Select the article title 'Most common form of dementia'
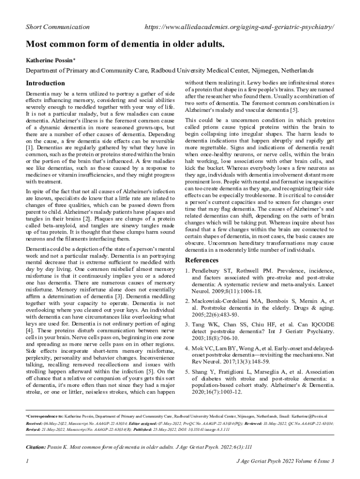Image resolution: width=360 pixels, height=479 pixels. pos(125,45)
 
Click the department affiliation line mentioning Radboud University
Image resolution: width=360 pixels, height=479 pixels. pos(169,71)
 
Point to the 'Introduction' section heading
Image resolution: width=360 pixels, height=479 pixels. pos(45,83)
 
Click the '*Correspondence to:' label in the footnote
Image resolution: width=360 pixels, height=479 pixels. pos(44,415)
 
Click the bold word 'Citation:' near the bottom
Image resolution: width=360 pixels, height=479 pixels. pos(36,447)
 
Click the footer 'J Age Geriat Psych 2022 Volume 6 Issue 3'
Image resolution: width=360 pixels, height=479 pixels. pos(285,462)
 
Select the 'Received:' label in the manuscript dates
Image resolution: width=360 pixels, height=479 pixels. pos(35,423)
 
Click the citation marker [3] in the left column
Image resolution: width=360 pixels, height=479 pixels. pos(119,296)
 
